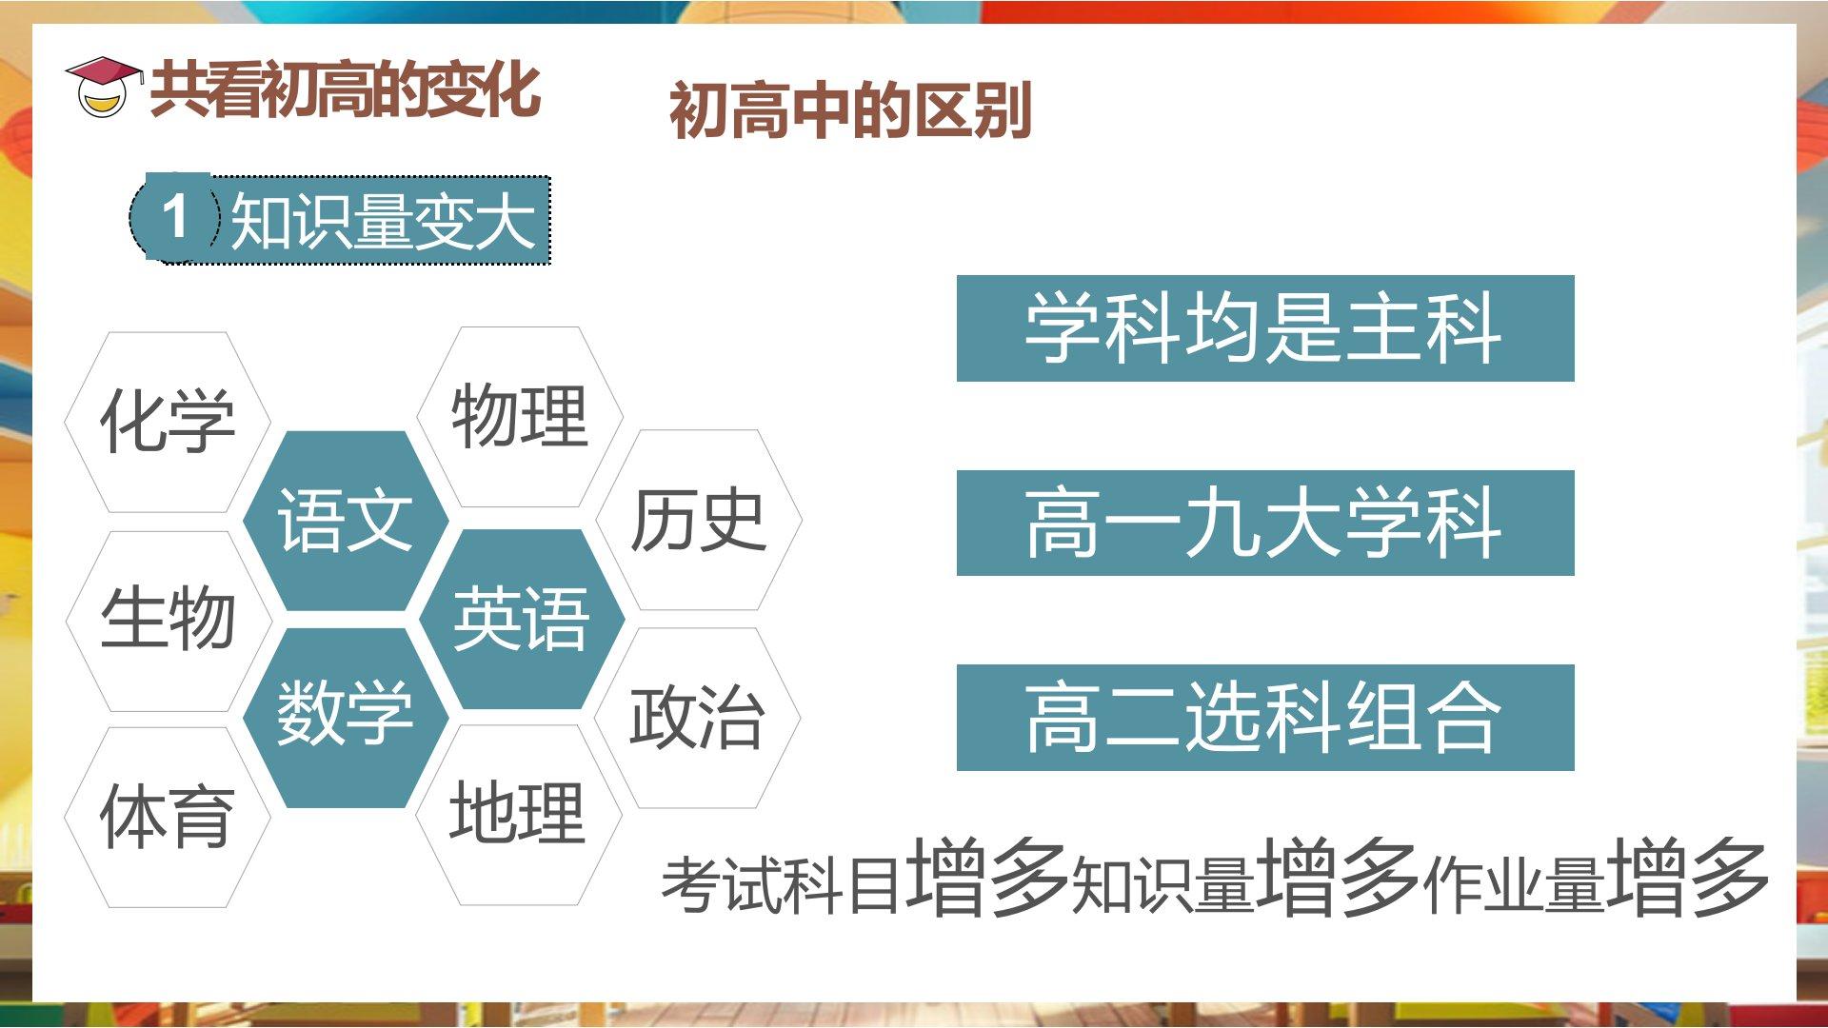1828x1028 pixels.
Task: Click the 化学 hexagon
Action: coord(168,422)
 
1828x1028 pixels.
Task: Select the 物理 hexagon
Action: coord(520,417)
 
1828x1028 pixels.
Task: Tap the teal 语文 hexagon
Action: coord(346,521)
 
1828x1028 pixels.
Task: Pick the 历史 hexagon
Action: coord(699,520)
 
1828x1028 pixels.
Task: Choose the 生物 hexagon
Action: coord(169,621)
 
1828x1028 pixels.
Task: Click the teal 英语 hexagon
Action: coord(522,620)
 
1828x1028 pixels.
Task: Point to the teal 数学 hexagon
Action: coord(346,718)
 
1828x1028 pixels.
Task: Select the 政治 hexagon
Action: coord(698,718)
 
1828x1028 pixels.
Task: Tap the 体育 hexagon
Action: coord(168,818)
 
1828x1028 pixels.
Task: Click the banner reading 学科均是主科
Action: coord(1265,328)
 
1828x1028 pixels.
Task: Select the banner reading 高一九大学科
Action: coord(1265,523)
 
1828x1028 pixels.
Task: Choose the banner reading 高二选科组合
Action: coord(1265,718)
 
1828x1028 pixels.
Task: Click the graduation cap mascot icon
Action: coord(103,88)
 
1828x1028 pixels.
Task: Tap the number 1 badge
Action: coord(175,216)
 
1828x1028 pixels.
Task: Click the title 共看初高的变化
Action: coord(346,90)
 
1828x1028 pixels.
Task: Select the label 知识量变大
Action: coord(382,221)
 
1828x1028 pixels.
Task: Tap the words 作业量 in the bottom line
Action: coord(1514,885)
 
